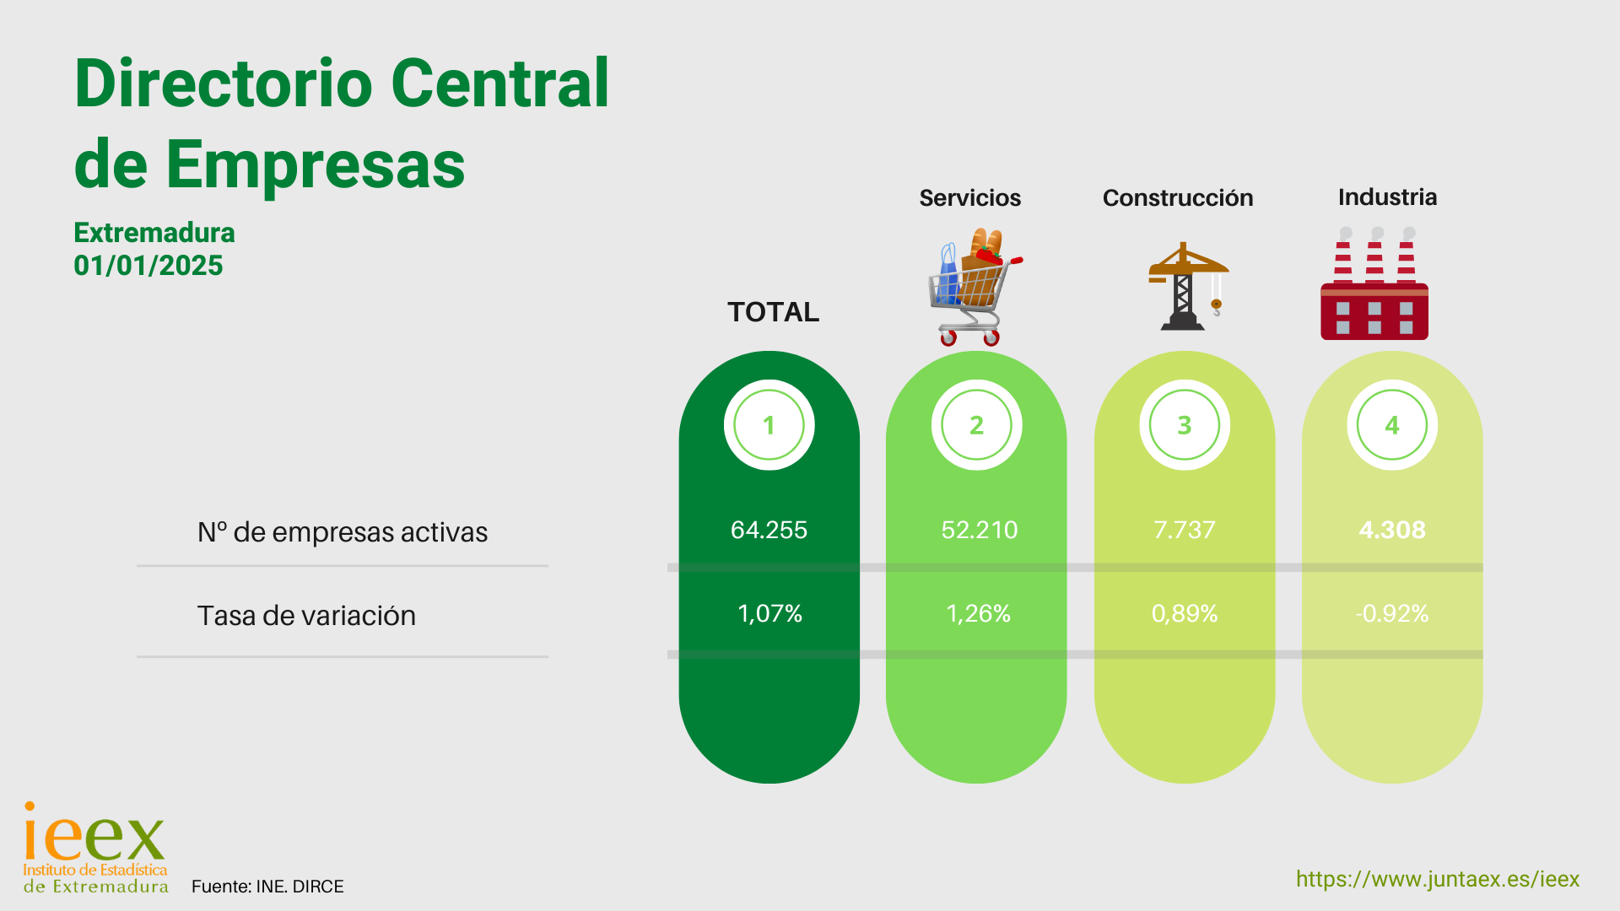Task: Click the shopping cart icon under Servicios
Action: click(x=975, y=287)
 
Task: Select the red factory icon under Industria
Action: click(x=1374, y=283)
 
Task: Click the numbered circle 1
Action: click(x=769, y=424)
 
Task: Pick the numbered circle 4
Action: click(x=1392, y=424)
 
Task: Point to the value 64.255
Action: click(x=769, y=530)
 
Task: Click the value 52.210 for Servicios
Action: click(x=979, y=530)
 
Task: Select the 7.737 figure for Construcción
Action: click(x=1184, y=530)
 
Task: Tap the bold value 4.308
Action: click(x=1392, y=530)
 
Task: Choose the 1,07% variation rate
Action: click(x=769, y=613)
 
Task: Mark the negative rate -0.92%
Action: click(x=1392, y=613)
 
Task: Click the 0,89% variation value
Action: click(x=1185, y=613)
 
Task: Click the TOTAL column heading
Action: click(x=773, y=312)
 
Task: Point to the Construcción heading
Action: click(x=1178, y=197)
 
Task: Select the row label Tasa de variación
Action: click(x=306, y=616)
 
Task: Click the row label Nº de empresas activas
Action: click(x=342, y=532)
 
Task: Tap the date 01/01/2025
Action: click(x=148, y=266)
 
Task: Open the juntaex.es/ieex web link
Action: click(x=1438, y=879)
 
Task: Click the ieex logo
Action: click(x=94, y=847)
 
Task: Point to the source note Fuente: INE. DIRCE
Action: click(x=267, y=887)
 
